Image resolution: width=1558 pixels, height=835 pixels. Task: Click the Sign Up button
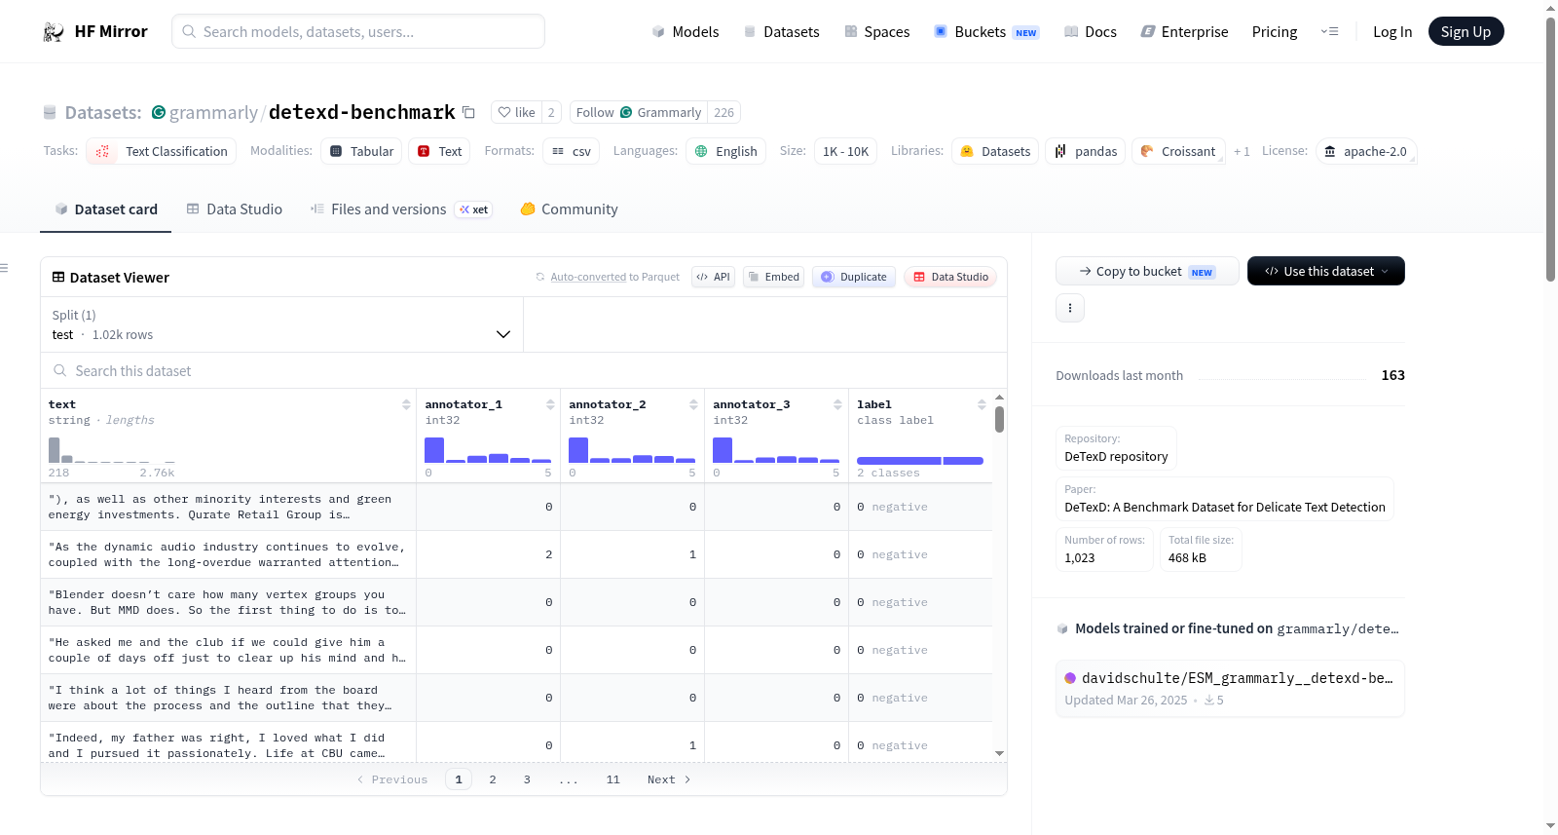pos(1465,31)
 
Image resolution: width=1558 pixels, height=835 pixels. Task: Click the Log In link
pos(1391,31)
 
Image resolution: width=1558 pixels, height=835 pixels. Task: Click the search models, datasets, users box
pos(358,31)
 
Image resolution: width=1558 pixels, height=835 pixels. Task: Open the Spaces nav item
pos(877,31)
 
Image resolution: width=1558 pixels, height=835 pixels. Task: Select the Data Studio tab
pos(235,209)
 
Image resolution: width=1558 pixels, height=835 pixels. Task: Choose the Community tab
pos(569,209)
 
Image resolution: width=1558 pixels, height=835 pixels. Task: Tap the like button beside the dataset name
pos(517,112)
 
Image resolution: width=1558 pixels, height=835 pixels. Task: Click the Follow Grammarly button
pos(639,112)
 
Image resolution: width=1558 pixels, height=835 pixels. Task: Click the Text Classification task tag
pos(162,151)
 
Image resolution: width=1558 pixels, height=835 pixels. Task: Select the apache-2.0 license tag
pos(1366,151)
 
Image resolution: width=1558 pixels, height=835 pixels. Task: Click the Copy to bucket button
pos(1147,271)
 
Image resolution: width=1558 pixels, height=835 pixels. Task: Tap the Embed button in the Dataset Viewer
pos(773,277)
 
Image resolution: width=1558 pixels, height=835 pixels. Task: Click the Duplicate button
pos(853,277)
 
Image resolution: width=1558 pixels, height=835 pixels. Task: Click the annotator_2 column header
pos(608,404)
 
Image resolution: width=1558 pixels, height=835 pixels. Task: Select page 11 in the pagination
pos(612,779)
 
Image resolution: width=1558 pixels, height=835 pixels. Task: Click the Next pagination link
pos(668,779)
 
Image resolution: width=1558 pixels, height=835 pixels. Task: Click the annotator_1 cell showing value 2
pos(488,554)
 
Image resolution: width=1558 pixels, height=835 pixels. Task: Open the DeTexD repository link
pos(1116,456)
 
